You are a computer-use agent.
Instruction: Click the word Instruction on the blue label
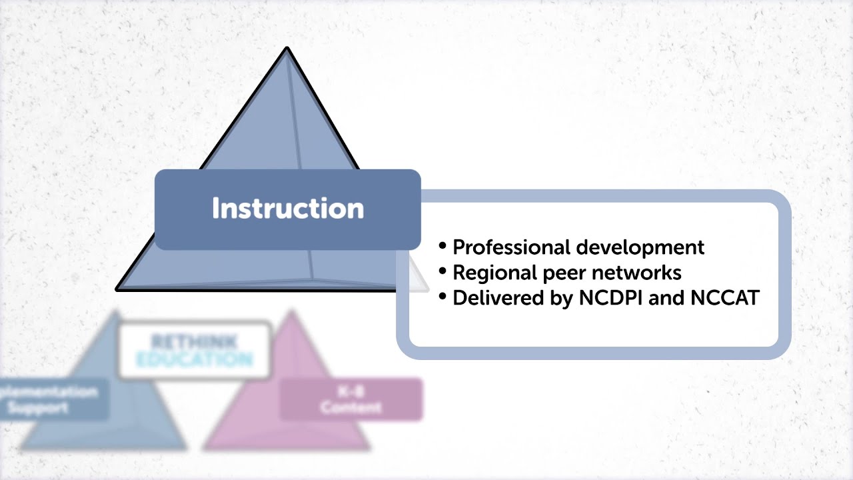click(x=288, y=209)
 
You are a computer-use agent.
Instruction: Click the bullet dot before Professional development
click(x=443, y=246)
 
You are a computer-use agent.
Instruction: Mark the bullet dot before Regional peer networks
click(x=443, y=271)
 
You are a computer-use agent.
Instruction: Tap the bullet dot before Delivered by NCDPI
click(x=443, y=297)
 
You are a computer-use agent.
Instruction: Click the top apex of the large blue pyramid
click(x=287, y=49)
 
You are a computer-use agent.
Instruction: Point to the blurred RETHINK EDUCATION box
click(x=195, y=350)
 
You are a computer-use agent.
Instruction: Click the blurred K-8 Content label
click(x=351, y=399)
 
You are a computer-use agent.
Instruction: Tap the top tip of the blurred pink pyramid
click(x=291, y=312)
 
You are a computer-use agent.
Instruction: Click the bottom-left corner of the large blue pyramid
click(x=118, y=289)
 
